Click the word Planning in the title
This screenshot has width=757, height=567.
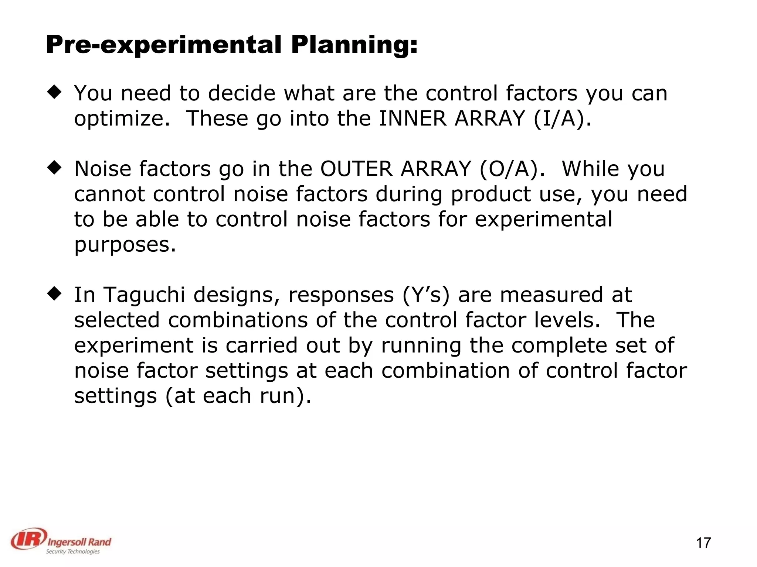click(x=354, y=45)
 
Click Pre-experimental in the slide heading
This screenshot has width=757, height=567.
click(x=164, y=45)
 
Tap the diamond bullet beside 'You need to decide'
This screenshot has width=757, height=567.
click(x=54, y=92)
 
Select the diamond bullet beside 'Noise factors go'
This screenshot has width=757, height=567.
click(x=54, y=168)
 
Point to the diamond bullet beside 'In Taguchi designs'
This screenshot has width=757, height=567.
click(x=54, y=294)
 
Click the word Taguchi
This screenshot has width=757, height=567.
click(x=144, y=295)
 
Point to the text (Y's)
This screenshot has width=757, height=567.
click(x=426, y=295)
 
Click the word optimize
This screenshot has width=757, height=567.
click(x=122, y=119)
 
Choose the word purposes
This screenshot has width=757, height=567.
click(x=125, y=245)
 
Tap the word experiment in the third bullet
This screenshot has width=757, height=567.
click(x=134, y=346)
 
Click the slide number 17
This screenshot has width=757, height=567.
click(x=703, y=543)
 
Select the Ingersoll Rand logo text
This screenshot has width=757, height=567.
click(x=79, y=542)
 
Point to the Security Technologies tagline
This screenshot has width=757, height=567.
click(x=72, y=551)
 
